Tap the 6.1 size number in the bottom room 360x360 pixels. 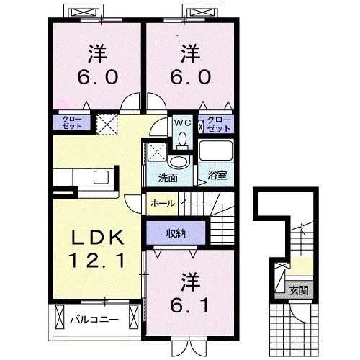pos(189,305)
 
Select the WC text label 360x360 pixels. pos(182,122)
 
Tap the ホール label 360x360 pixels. pos(162,204)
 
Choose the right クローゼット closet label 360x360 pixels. pos(217,122)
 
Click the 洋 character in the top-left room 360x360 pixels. pos(98,53)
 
